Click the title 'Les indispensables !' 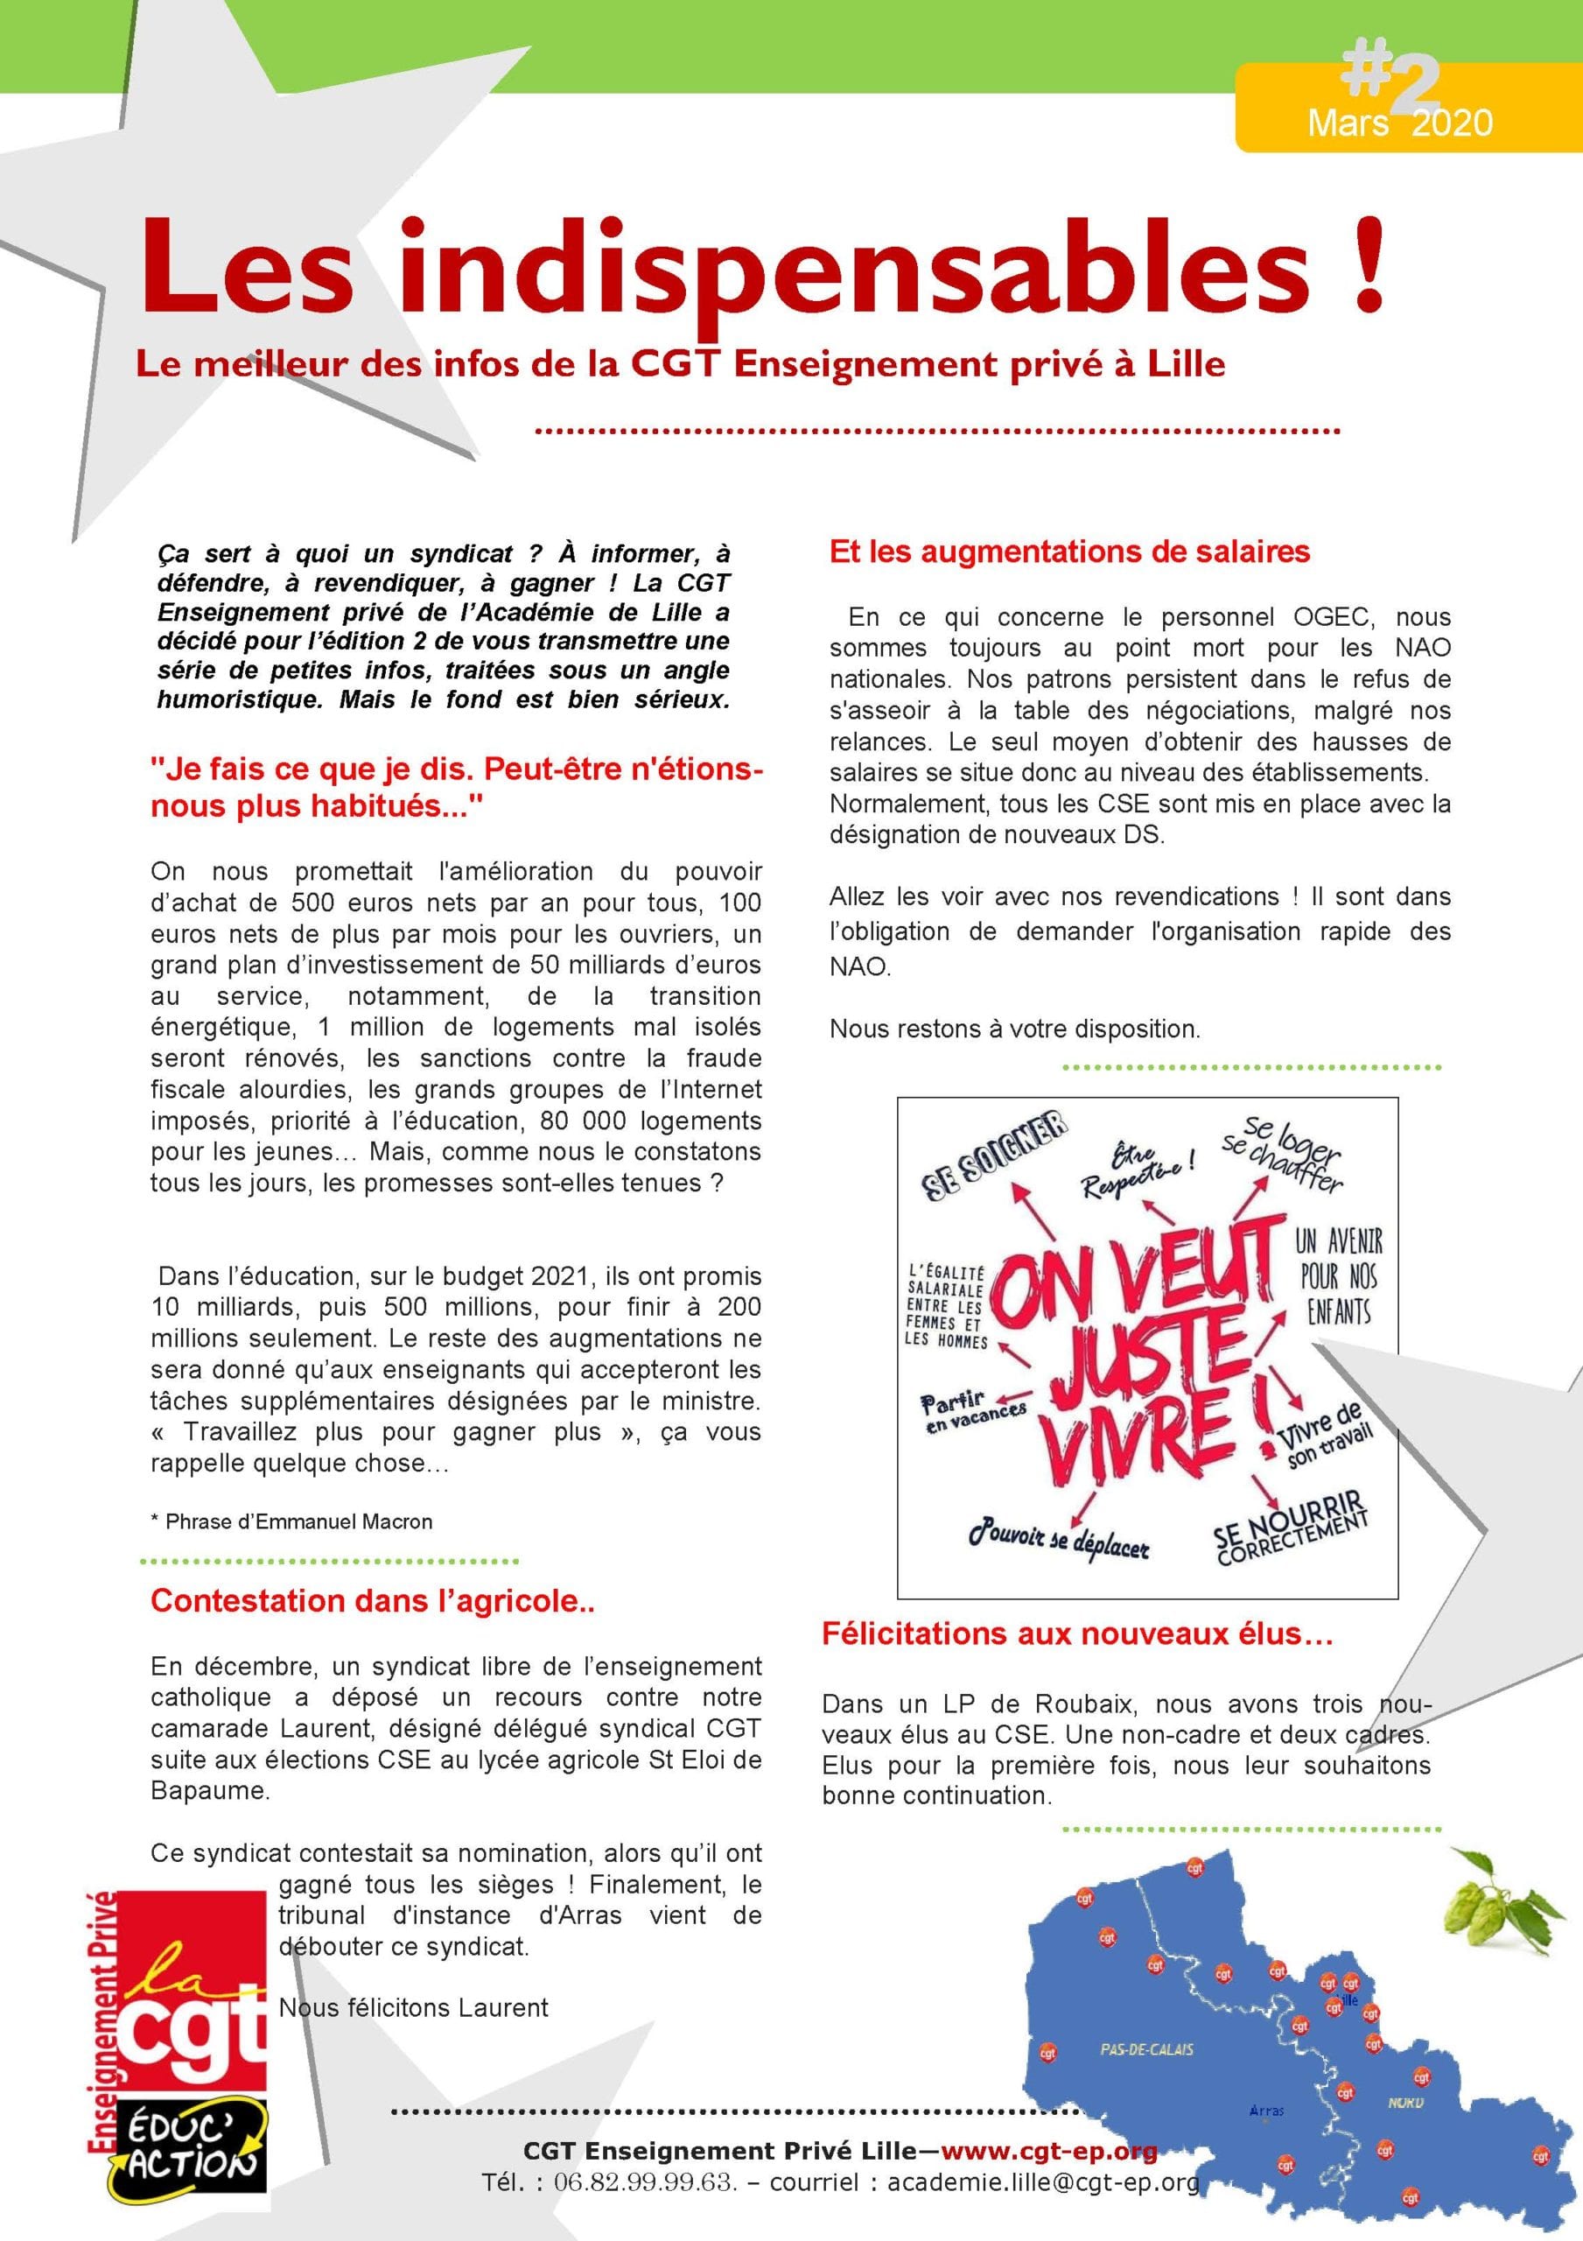761,265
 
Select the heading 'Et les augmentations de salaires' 1068,552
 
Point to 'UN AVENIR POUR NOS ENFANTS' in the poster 1339,1275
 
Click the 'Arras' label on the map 1266,2111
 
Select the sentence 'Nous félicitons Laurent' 413,2008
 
